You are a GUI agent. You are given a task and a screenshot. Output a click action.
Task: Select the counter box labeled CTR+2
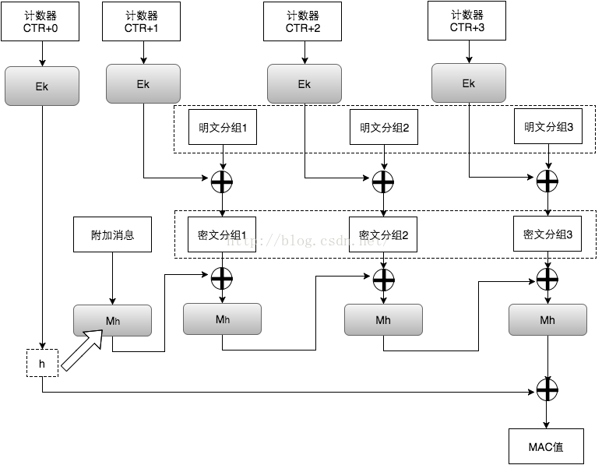(x=303, y=22)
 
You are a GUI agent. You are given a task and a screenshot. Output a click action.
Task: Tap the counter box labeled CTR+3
(x=467, y=21)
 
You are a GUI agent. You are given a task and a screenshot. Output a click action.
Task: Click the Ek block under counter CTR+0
(x=41, y=86)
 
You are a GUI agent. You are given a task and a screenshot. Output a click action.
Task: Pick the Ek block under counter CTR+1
(x=143, y=83)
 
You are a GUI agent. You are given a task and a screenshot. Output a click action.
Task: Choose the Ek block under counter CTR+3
(x=468, y=83)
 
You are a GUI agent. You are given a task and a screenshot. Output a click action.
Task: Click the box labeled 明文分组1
(x=223, y=127)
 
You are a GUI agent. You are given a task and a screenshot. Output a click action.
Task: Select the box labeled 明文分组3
(x=548, y=127)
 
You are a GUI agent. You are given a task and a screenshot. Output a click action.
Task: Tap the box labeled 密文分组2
(x=383, y=234)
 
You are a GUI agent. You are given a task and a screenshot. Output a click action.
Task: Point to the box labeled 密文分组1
(x=223, y=234)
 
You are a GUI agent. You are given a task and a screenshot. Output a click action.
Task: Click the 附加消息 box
(x=112, y=234)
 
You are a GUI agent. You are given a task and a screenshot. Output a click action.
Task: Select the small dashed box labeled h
(x=41, y=364)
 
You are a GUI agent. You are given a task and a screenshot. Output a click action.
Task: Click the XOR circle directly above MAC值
(x=548, y=389)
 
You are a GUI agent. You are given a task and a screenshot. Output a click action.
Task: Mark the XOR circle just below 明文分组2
(x=383, y=181)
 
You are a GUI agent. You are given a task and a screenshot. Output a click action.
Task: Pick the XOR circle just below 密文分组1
(x=223, y=277)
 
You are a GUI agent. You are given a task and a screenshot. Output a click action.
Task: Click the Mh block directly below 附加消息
(x=112, y=321)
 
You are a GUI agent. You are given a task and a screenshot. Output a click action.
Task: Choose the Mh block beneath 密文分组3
(x=548, y=320)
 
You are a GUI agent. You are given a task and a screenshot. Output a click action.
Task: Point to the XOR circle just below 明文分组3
(x=548, y=181)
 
